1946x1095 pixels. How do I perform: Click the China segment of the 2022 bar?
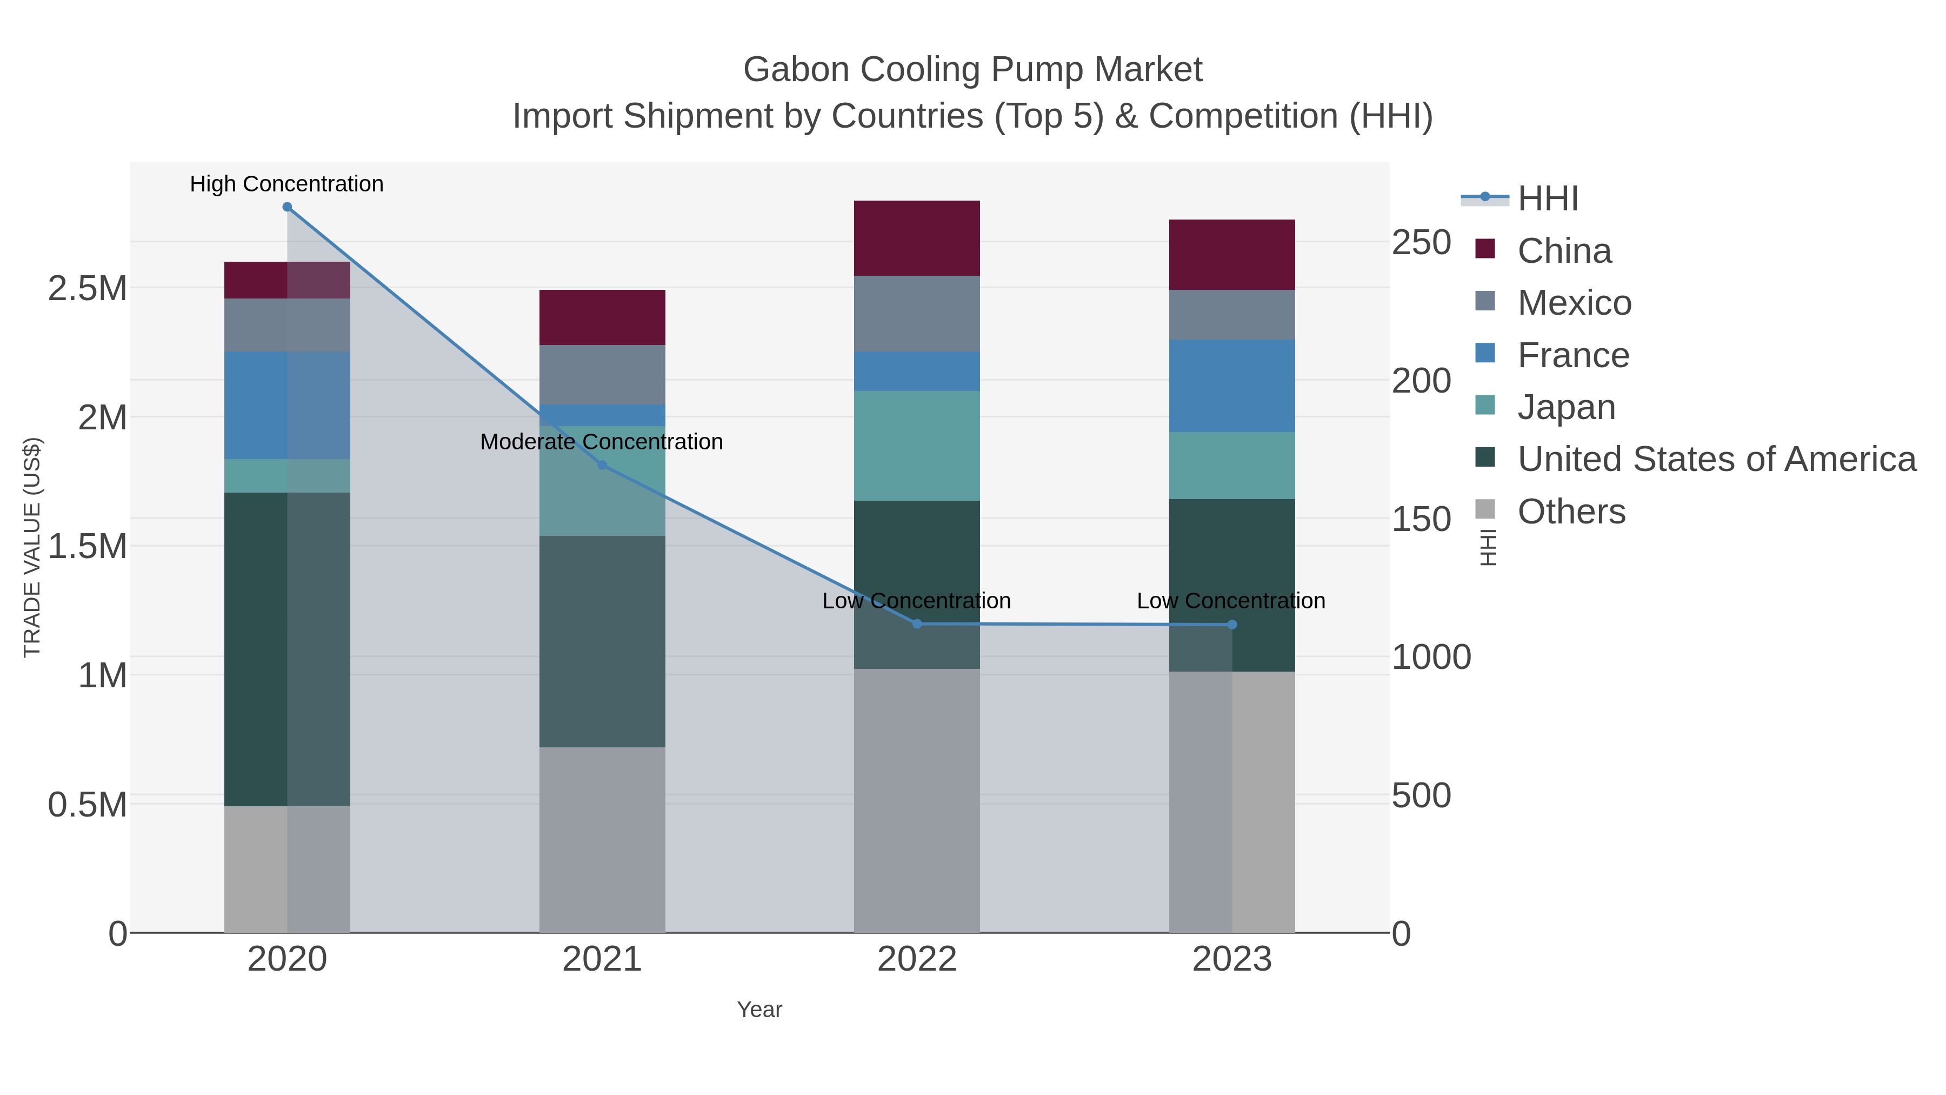[916, 238]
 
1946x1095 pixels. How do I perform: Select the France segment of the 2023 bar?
[1231, 386]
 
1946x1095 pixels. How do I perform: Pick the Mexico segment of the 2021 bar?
[602, 374]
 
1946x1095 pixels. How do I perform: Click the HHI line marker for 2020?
[287, 207]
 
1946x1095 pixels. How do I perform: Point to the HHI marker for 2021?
[602, 466]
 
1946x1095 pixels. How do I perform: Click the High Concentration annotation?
[286, 184]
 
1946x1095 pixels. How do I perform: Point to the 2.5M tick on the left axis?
[87, 289]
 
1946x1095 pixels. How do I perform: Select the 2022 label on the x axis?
[916, 960]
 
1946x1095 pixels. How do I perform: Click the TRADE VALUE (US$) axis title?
[32, 547]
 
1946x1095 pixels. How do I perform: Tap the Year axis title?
[759, 1010]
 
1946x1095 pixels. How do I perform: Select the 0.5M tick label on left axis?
[87, 805]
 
